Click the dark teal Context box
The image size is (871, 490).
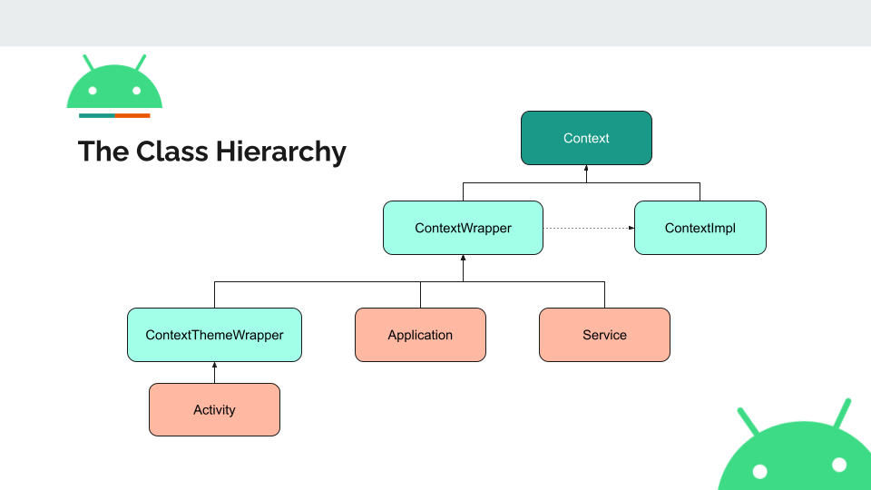(x=586, y=138)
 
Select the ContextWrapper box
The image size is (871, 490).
(x=463, y=228)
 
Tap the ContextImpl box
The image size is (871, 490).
(x=700, y=228)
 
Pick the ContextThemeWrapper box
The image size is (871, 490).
(x=214, y=335)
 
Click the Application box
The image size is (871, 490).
(x=420, y=335)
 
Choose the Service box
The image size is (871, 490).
(x=604, y=335)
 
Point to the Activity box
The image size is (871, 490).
(x=214, y=410)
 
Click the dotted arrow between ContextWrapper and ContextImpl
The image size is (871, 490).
(x=589, y=228)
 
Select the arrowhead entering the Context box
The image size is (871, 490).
(x=586, y=168)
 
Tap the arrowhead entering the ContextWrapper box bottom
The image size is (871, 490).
(x=463, y=258)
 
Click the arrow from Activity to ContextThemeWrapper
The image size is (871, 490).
(x=214, y=373)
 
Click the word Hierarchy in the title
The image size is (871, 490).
(x=280, y=152)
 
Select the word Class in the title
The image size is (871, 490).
(x=171, y=152)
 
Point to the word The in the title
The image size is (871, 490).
(x=103, y=152)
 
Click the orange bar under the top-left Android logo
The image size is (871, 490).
(x=132, y=115)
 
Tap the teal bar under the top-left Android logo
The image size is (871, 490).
(x=97, y=115)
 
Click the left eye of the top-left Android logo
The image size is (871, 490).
(x=93, y=91)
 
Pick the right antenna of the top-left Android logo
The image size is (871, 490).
(x=142, y=63)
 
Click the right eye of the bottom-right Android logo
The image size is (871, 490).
(x=839, y=465)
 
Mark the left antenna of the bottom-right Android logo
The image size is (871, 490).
(x=748, y=420)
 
